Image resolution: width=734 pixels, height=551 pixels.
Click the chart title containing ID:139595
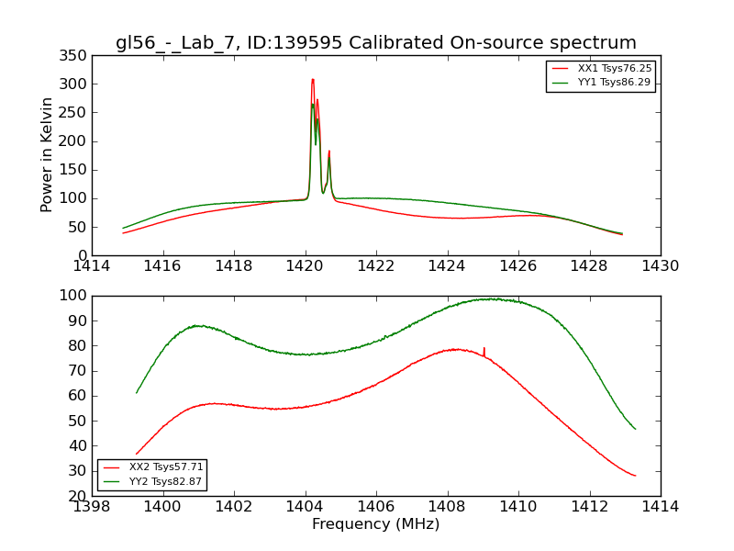click(376, 42)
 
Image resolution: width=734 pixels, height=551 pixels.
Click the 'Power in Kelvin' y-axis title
click(47, 154)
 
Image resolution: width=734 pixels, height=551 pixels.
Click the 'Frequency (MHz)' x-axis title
click(376, 524)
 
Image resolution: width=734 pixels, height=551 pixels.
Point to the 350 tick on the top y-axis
click(77, 55)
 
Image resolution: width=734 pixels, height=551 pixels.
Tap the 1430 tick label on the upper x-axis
click(661, 266)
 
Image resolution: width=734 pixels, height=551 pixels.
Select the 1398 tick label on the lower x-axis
click(92, 506)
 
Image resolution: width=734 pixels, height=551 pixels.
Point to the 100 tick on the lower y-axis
click(73, 296)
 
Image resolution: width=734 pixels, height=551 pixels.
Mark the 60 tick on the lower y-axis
click(77, 396)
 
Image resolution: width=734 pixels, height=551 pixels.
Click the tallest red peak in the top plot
click(313, 80)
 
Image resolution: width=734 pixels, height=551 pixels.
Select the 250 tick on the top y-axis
click(77, 112)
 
